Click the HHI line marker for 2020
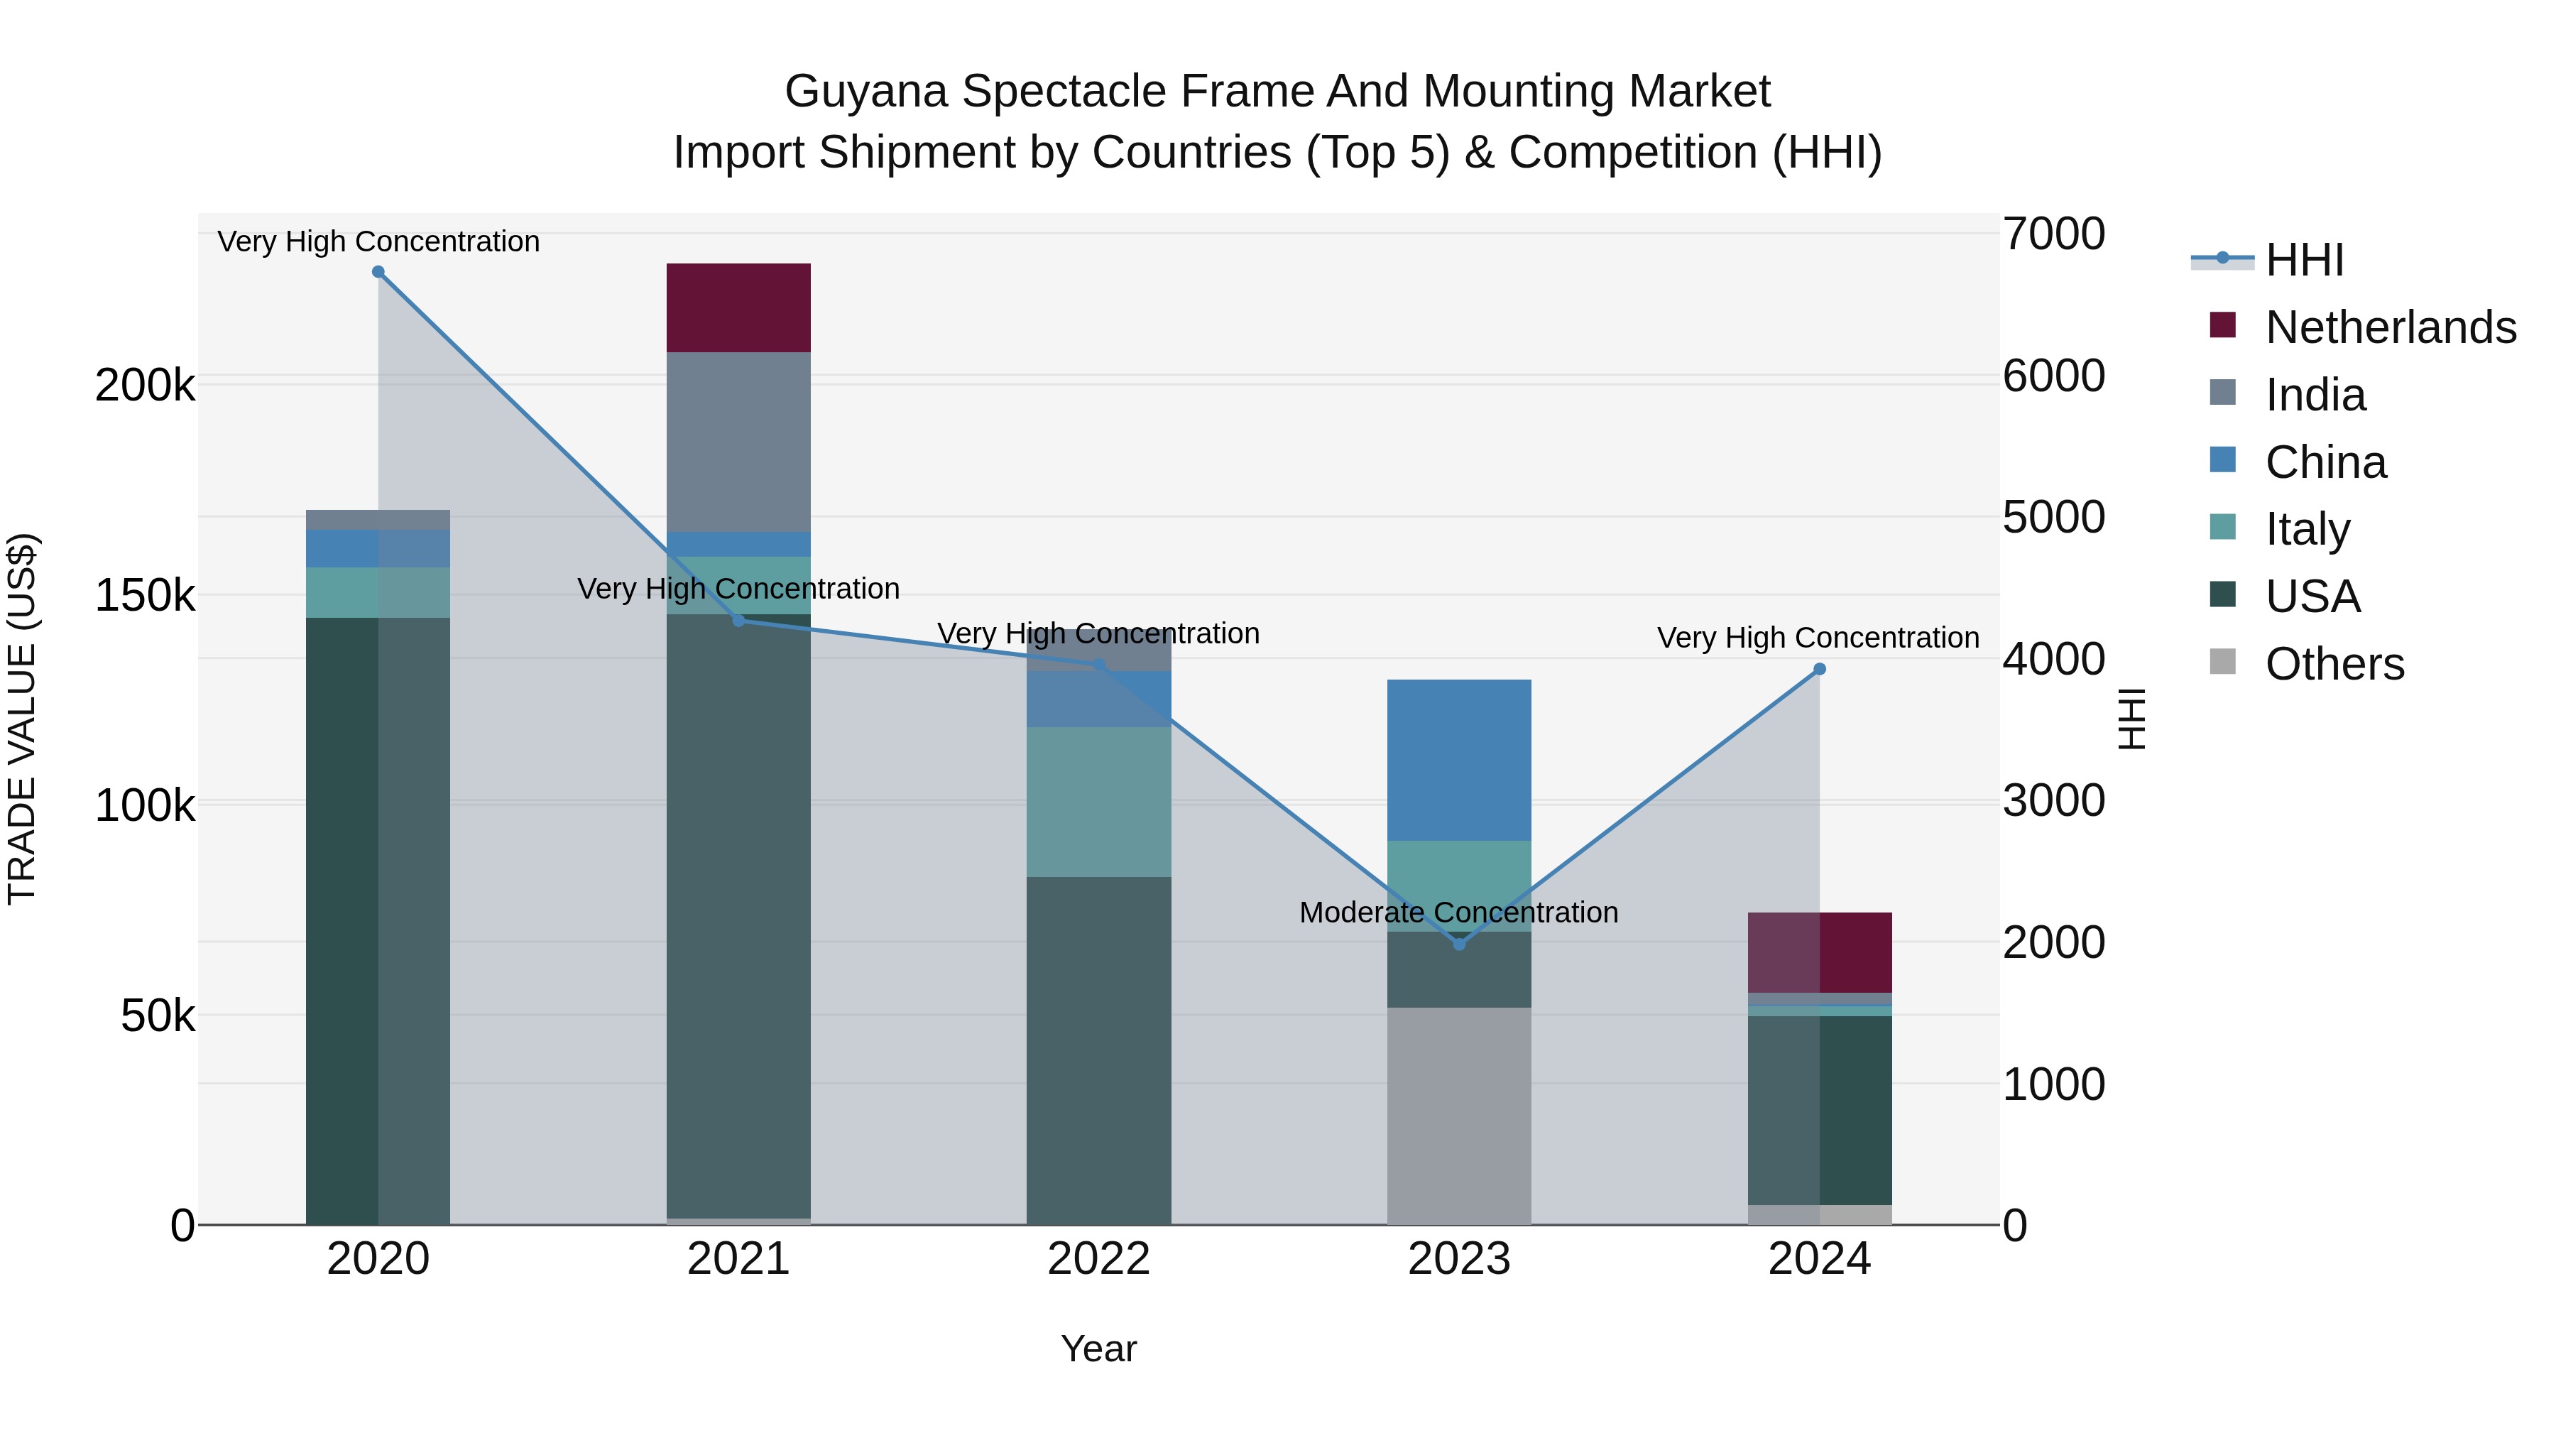click(378, 272)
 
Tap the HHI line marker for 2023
click(1458, 944)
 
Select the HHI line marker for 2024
click(1820, 670)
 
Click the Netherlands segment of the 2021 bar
click(738, 307)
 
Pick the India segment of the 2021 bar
click(738, 442)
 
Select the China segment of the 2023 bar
click(1458, 760)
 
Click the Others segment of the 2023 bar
click(1458, 1116)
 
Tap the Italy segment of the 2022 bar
click(1098, 802)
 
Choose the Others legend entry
click(2334, 664)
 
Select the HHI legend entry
click(2304, 260)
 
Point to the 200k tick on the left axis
click(145, 385)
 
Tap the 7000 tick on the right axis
click(2053, 234)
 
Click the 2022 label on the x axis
click(1098, 1259)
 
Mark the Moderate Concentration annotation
click(1458, 912)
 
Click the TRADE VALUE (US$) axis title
click(22, 719)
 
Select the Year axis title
click(1098, 1349)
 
